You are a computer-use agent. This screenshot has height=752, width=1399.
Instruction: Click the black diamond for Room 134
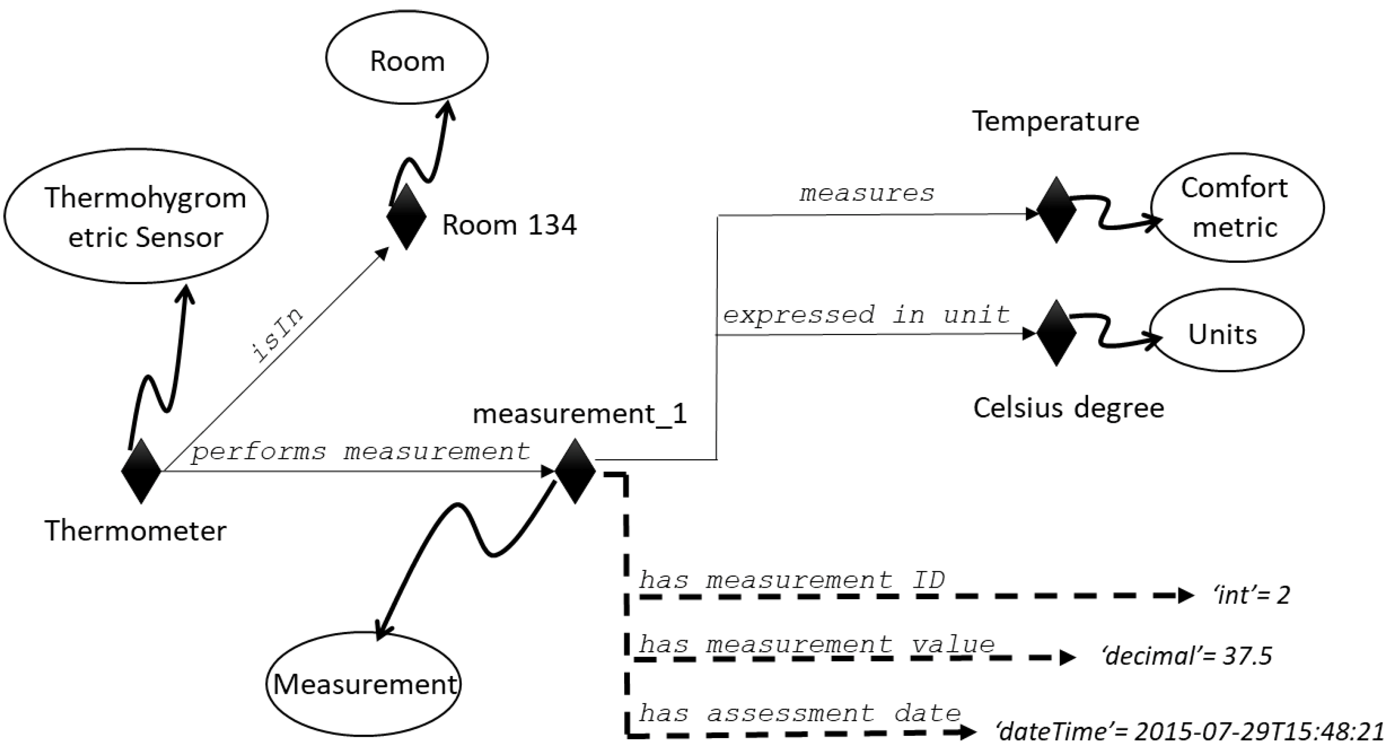tap(406, 217)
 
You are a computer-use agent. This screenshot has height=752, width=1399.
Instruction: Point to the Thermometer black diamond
tap(141, 471)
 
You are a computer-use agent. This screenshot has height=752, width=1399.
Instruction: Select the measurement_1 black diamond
tap(575, 471)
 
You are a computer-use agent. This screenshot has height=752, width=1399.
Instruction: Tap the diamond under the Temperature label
tap(1057, 209)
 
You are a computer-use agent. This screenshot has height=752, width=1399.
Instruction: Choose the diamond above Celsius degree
tap(1057, 333)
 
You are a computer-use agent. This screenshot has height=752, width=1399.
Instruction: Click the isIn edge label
tap(278, 335)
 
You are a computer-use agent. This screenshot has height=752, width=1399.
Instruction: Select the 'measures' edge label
tap(867, 193)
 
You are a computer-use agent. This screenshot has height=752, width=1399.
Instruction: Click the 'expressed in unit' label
tap(866, 314)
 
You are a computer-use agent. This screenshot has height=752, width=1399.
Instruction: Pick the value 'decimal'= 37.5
tap(1186, 656)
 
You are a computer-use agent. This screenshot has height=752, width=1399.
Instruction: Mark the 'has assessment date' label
tap(800, 713)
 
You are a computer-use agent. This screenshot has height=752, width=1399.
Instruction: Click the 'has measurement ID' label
tap(792, 580)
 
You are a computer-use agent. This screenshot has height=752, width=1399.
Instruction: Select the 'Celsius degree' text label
tap(1068, 408)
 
